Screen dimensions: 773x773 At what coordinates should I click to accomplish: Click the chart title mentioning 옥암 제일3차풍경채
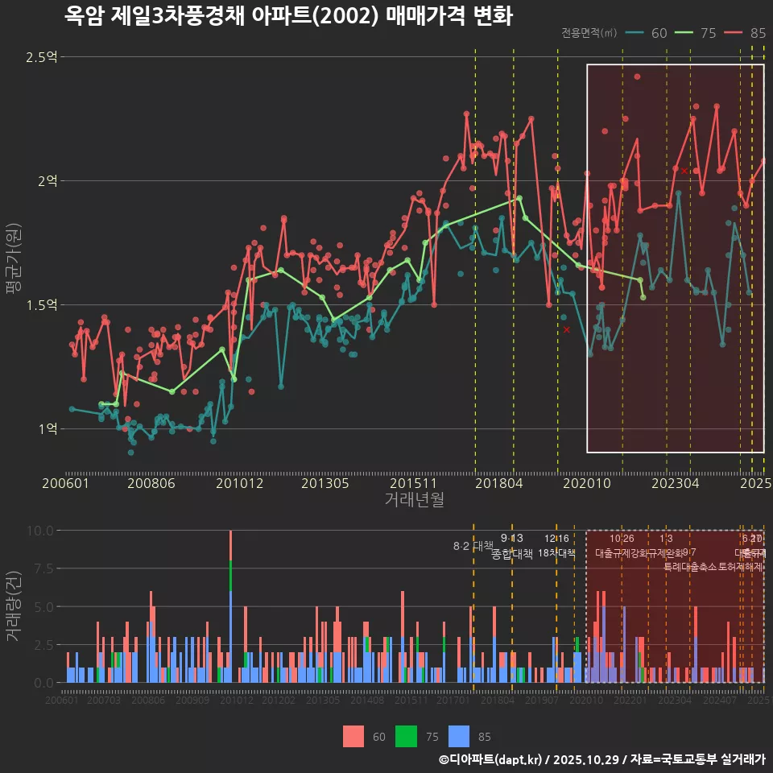coord(288,15)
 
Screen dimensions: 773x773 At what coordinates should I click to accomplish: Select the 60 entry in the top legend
coord(650,33)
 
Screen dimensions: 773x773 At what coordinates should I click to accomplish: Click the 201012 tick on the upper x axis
coord(239,484)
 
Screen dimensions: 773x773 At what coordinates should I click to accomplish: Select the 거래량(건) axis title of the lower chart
coord(13,606)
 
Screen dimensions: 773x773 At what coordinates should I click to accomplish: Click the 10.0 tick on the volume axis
coord(39,531)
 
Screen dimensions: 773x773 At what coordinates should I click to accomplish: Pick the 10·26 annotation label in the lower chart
coord(622,539)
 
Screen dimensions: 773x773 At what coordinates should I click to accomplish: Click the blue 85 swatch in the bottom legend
coord(458,736)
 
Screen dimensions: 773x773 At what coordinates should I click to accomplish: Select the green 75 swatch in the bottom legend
coord(406,736)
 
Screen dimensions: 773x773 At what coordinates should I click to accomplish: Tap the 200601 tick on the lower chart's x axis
coord(62,701)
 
